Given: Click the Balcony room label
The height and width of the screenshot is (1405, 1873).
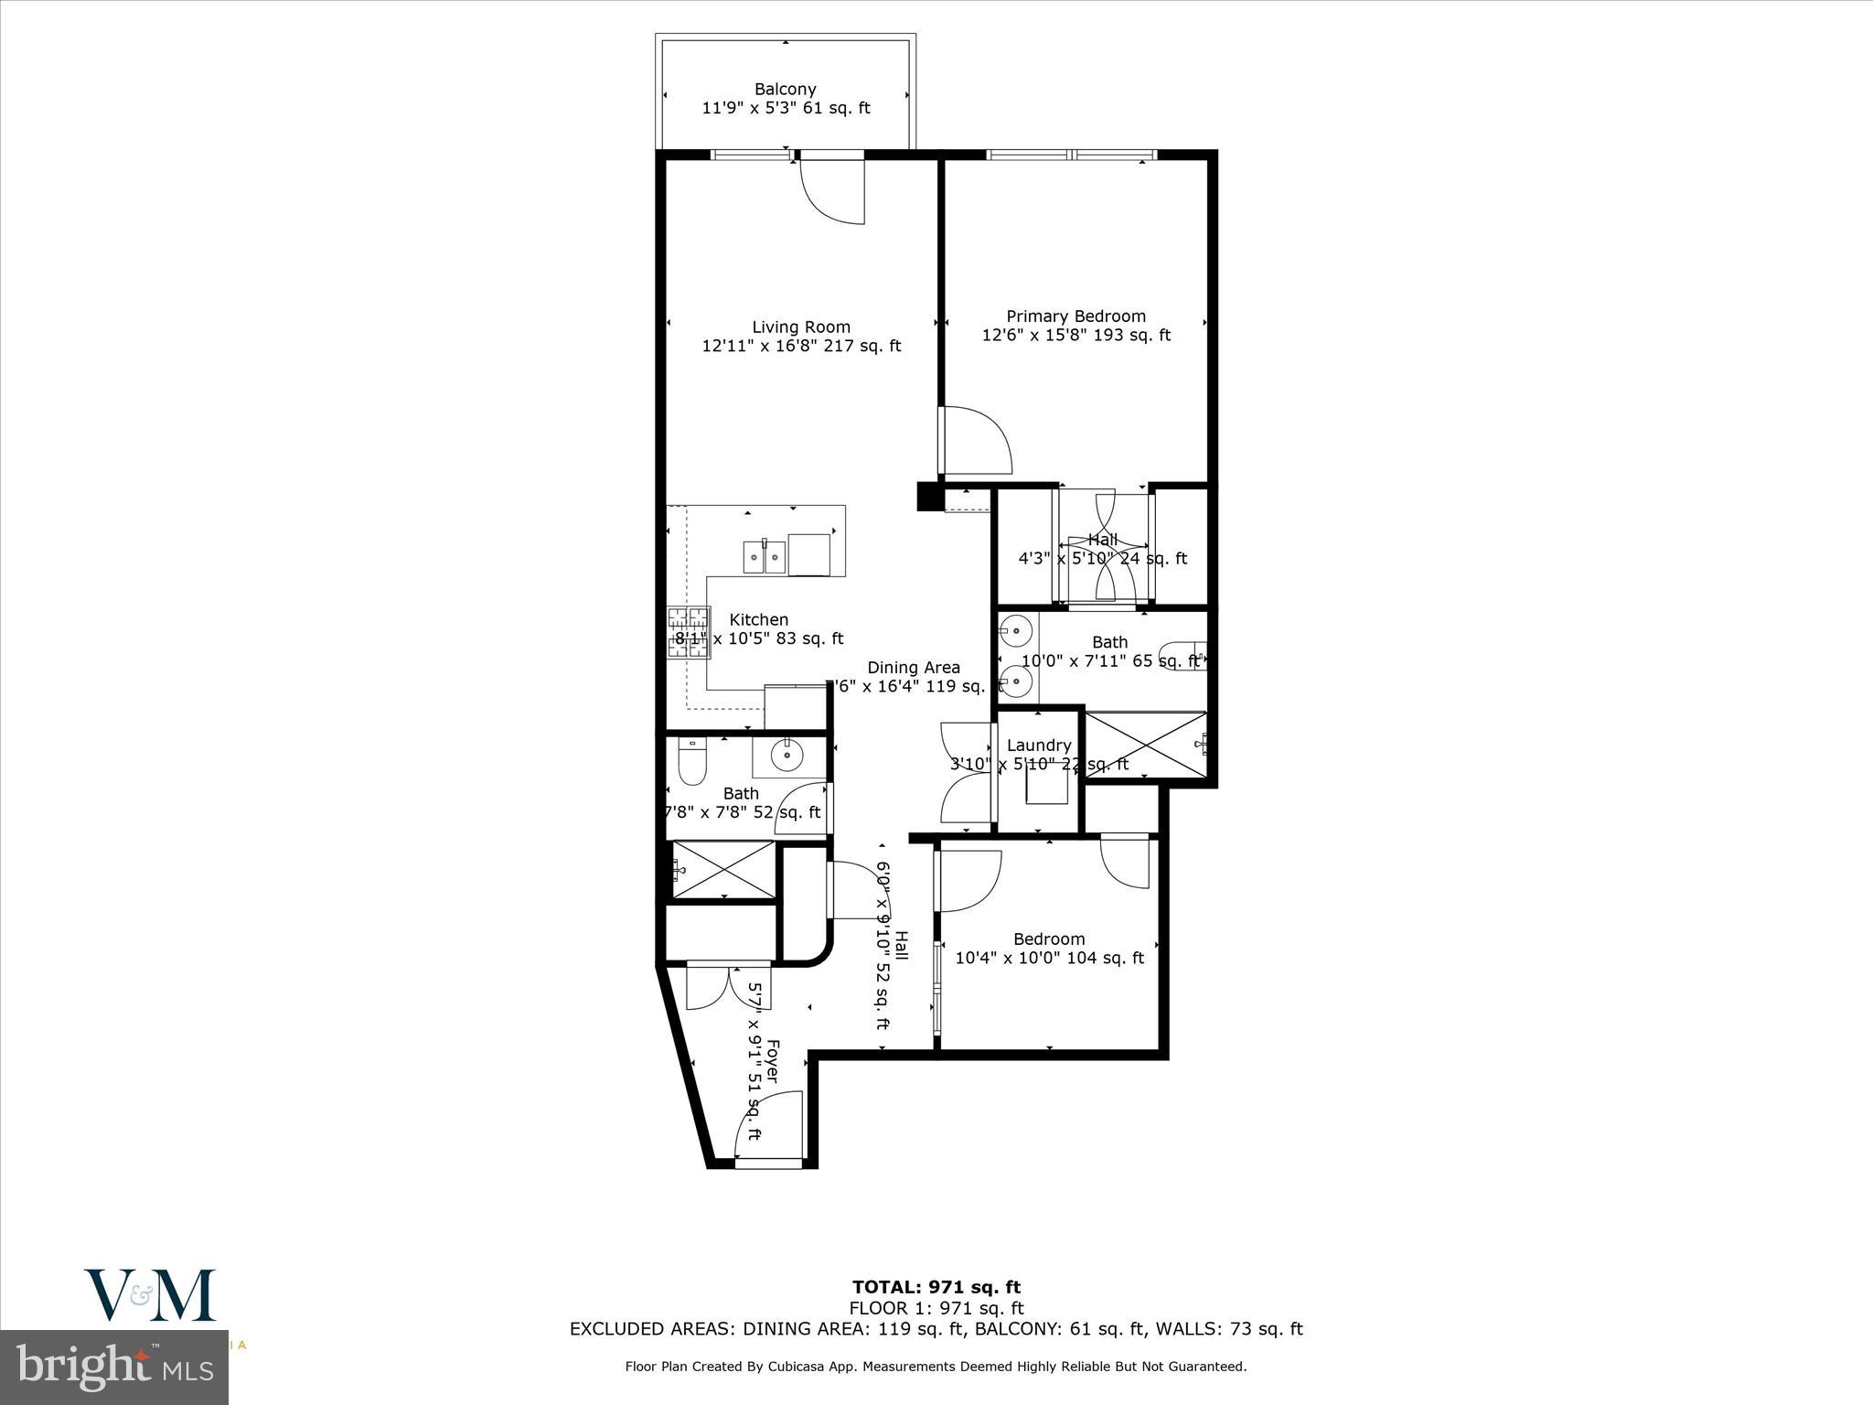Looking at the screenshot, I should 785,89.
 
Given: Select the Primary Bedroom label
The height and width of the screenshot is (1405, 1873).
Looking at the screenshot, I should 1076,316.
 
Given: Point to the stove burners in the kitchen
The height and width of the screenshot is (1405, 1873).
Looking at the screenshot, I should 689,633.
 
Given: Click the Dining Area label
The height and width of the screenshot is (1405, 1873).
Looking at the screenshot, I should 913,667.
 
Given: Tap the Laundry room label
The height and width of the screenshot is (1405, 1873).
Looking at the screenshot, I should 1038,745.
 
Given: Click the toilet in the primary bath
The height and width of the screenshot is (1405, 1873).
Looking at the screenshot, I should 1181,658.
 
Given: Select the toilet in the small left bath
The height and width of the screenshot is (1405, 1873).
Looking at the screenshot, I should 690,763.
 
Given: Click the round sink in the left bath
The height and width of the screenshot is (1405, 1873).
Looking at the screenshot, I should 786,756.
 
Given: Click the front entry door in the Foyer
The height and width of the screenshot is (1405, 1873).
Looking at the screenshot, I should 769,1127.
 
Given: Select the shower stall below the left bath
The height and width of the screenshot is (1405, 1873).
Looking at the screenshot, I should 723,870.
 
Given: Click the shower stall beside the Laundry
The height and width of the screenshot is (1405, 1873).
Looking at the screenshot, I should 1145,745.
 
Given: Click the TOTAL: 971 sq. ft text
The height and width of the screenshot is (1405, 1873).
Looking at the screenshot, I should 936,1288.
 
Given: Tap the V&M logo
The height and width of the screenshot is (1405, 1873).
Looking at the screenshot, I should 150,1295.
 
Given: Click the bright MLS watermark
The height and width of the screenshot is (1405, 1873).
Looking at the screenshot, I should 114,1369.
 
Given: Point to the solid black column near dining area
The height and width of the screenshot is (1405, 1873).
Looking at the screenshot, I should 928,496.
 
